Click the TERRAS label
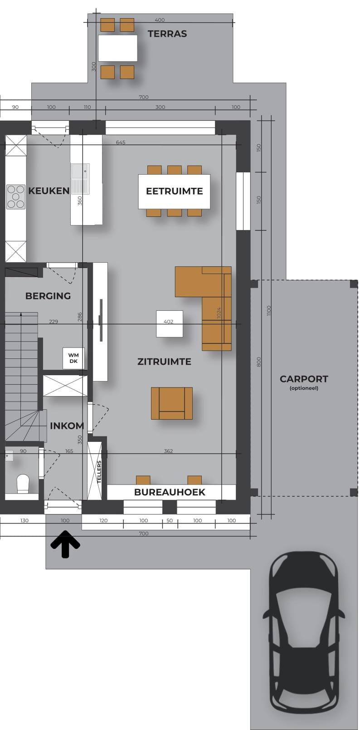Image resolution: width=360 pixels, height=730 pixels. tap(167, 34)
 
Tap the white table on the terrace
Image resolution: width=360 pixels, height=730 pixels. tap(117, 48)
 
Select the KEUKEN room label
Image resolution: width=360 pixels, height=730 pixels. tap(49, 191)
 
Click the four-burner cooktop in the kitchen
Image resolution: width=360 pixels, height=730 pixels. tap(16, 197)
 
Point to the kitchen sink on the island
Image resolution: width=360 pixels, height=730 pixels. tap(80, 179)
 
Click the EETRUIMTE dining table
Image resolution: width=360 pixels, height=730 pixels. tap(174, 191)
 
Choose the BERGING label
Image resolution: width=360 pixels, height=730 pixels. tap(48, 296)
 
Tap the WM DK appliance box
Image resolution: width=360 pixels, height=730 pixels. tap(73, 358)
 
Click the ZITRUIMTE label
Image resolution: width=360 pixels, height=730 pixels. tap(164, 362)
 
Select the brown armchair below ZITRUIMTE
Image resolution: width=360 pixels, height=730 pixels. tap(172, 403)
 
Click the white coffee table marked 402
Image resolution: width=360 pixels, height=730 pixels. tap(170, 323)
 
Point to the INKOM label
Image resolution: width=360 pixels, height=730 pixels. tap(67, 426)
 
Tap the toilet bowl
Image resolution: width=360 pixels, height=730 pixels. tap(23, 483)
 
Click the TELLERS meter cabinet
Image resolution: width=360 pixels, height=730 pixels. tap(94, 471)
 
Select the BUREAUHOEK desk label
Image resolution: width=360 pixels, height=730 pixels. tap(170, 492)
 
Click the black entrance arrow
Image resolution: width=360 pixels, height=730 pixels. tap(65, 544)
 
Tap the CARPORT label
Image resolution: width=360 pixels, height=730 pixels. tap(304, 379)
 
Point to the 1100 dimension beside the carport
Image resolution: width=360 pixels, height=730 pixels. tap(269, 311)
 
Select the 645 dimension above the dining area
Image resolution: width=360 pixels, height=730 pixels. tap(121, 142)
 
